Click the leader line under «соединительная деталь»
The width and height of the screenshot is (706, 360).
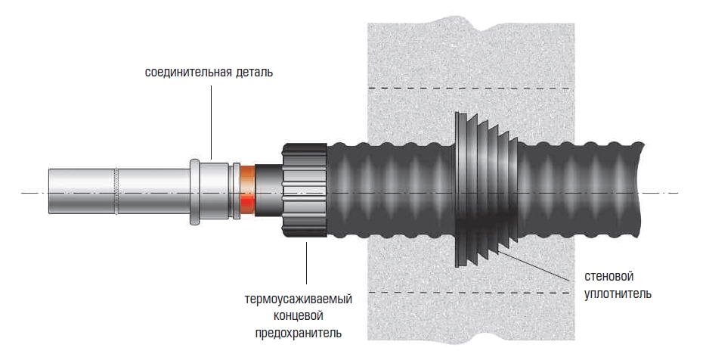point(212,121)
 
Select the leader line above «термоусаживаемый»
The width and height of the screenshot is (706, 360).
point(307,265)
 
